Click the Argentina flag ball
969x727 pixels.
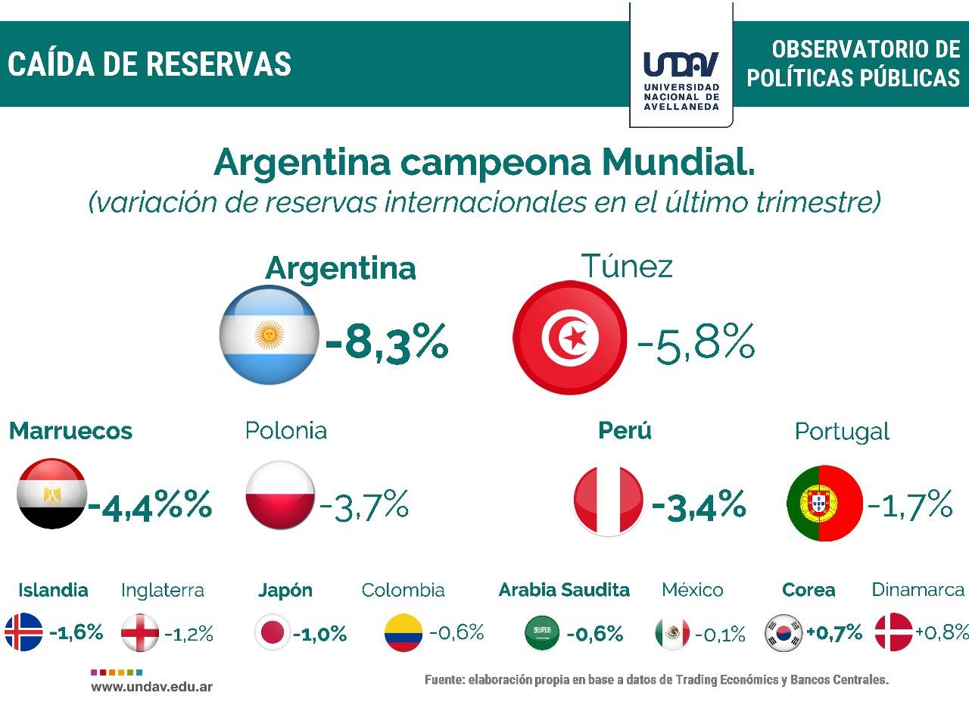[x=269, y=335]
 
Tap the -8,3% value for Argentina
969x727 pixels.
[x=387, y=342]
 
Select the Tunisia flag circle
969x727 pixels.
[x=570, y=337]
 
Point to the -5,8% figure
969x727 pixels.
[x=696, y=342]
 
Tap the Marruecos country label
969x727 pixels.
[x=70, y=431]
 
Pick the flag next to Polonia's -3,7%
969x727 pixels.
[x=279, y=495]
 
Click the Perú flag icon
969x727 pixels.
[x=609, y=501]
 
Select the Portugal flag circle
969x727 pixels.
[x=824, y=503]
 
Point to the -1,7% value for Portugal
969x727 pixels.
[x=909, y=505]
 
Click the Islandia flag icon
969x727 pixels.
[x=24, y=632]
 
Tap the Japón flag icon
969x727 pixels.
[x=272, y=632]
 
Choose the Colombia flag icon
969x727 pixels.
[x=403, y=632]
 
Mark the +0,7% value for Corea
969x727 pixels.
[x=834, y=632]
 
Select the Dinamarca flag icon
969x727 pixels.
[x=893, y=632]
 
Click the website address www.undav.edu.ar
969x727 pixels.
[x=151, y=687]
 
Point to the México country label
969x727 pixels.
[x=692, y=590]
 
